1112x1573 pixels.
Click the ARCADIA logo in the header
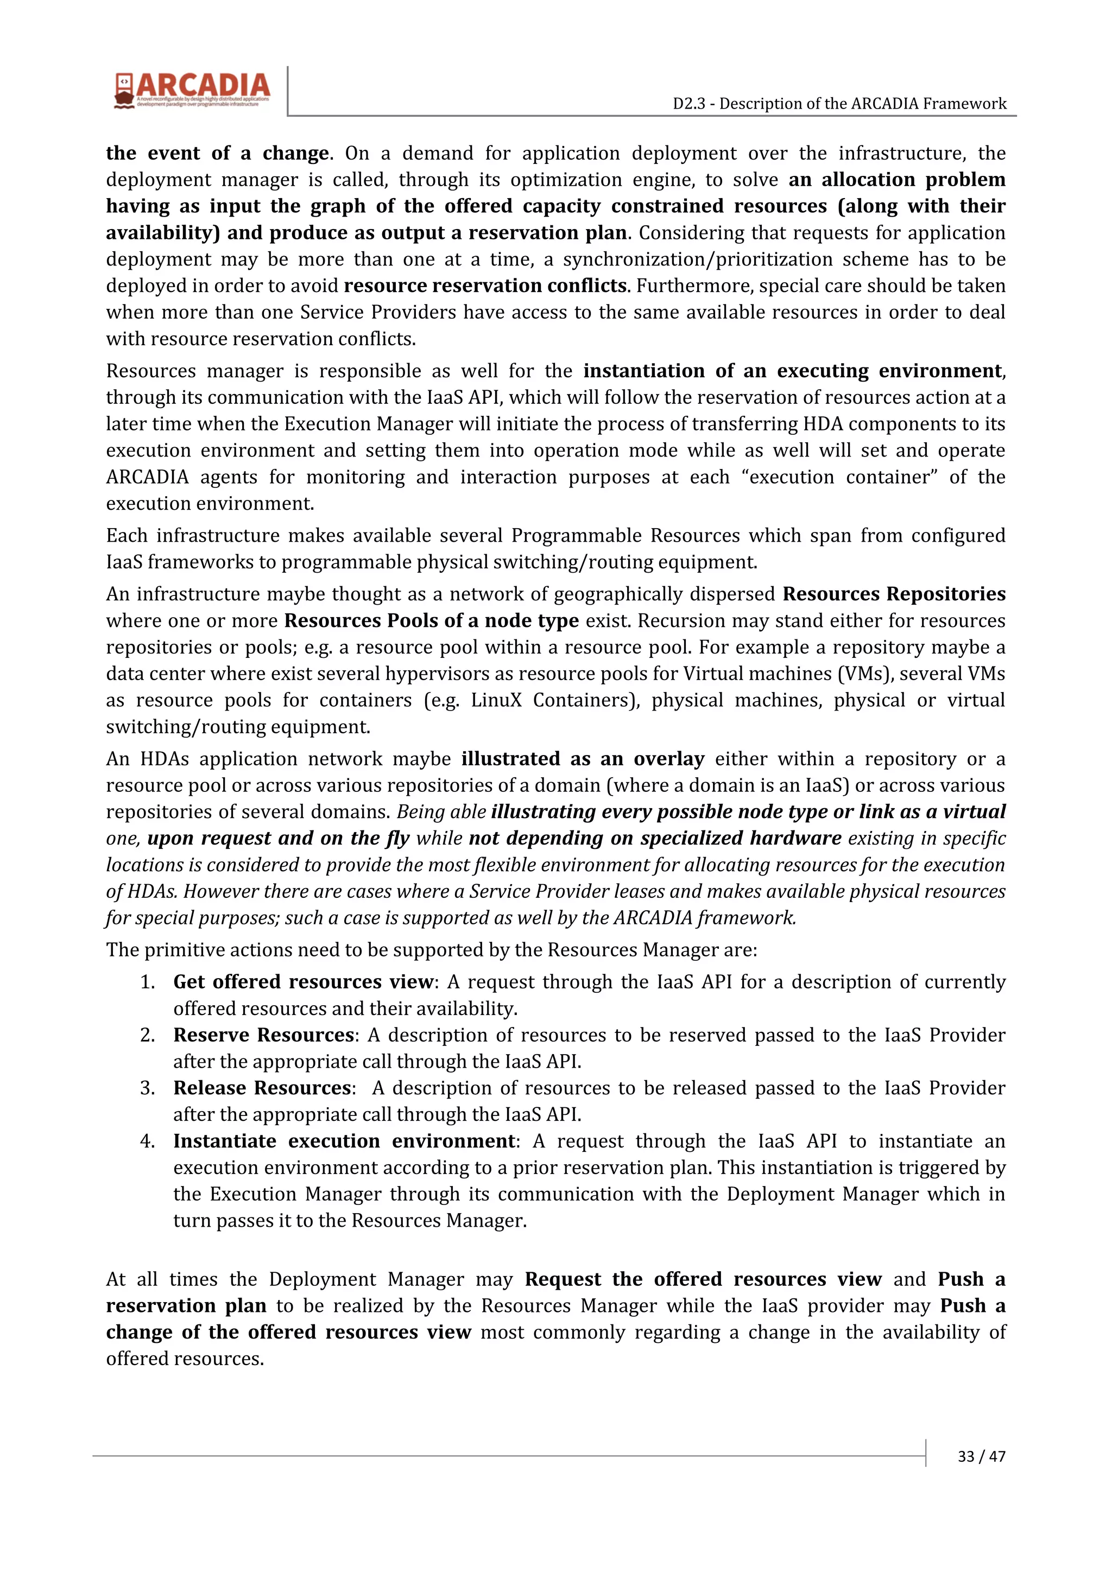tap(193, 90)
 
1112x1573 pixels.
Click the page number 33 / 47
tap(981, 1456)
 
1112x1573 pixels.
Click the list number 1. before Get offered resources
tap(148, 982)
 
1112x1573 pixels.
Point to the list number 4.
tap(148, 1141)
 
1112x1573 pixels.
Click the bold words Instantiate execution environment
tap(343, 1141)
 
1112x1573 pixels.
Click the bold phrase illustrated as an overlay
tap(583, 759)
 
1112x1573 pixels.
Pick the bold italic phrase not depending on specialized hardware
tap(654, 839)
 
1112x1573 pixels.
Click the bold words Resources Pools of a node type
tap(431, 621)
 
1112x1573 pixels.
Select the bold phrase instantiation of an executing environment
tap(792, 371)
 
